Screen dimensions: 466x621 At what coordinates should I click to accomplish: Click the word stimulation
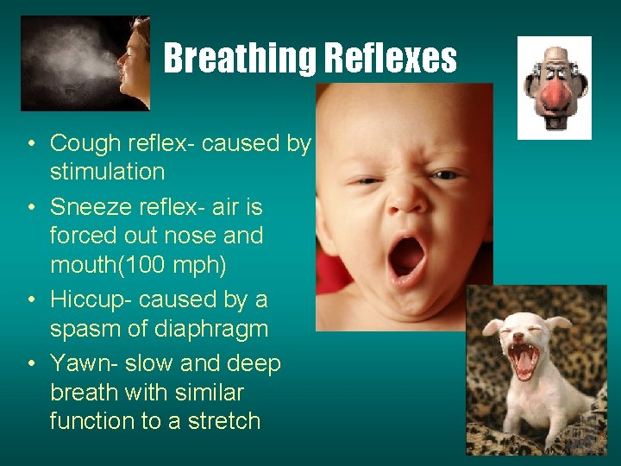coord(107,172)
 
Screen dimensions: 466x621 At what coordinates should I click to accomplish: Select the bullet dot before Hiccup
coord(29,300)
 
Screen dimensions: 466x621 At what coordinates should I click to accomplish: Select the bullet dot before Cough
coord(29,144)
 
